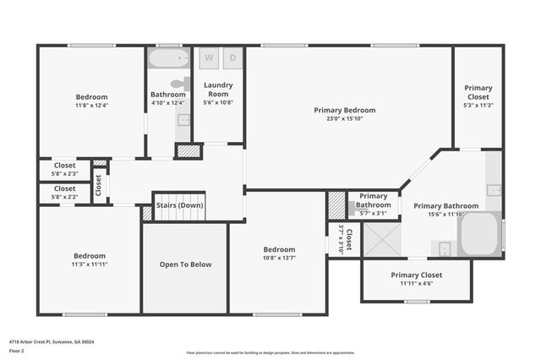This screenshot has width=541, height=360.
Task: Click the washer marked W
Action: pos(210,58)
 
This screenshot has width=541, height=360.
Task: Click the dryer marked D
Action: pos(232,58)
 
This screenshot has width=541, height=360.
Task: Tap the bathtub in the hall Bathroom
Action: pos(169,59)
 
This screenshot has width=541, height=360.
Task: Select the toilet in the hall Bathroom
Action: pos(179,84)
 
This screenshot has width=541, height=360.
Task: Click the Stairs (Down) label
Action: pos(179,205)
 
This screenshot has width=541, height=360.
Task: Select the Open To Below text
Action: pos(185,265)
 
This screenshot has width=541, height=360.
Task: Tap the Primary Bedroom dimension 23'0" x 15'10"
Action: pos(344,118)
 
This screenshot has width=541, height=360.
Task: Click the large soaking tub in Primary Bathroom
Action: pos(480,233)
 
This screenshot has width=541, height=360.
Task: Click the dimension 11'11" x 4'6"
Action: pos(416,284)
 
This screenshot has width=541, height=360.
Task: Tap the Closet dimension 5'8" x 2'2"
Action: pos(65,197)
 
